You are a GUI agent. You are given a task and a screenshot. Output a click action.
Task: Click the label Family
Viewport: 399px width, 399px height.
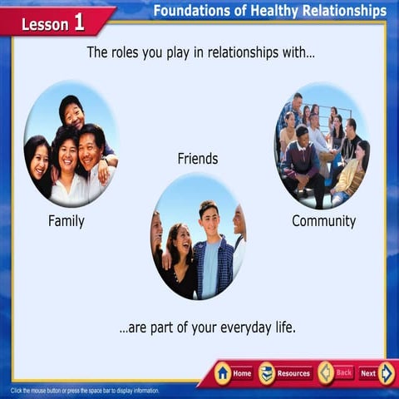pos(66,221)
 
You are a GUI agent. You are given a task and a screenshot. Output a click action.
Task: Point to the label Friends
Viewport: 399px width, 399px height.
pos(198,158)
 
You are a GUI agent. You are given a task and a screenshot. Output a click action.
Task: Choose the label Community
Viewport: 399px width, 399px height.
pos(323,221)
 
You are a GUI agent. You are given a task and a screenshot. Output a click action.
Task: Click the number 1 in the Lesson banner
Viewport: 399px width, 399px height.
pos(79,22)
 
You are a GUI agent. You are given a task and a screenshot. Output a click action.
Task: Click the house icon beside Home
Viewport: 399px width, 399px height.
pos(222,373)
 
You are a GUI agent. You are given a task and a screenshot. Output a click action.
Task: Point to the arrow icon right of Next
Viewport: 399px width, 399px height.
pos(387,373)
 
